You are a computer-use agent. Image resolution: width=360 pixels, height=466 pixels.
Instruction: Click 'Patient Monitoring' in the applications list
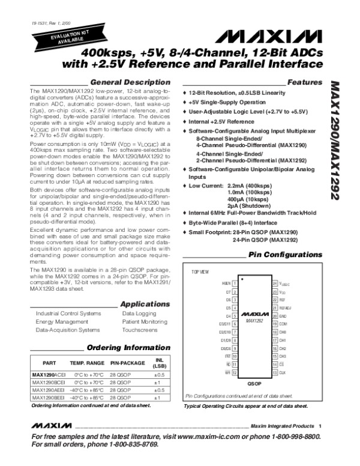145,322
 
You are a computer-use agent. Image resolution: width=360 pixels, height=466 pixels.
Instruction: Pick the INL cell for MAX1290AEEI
157,389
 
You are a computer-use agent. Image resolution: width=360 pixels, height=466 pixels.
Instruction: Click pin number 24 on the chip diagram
275,283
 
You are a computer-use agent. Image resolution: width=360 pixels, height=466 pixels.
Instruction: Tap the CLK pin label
282,372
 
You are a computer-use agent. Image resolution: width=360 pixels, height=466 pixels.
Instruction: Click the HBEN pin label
226,283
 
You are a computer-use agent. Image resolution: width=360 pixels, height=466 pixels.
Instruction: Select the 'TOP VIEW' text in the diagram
200,271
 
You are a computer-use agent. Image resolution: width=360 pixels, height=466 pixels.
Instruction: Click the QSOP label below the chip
254,383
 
